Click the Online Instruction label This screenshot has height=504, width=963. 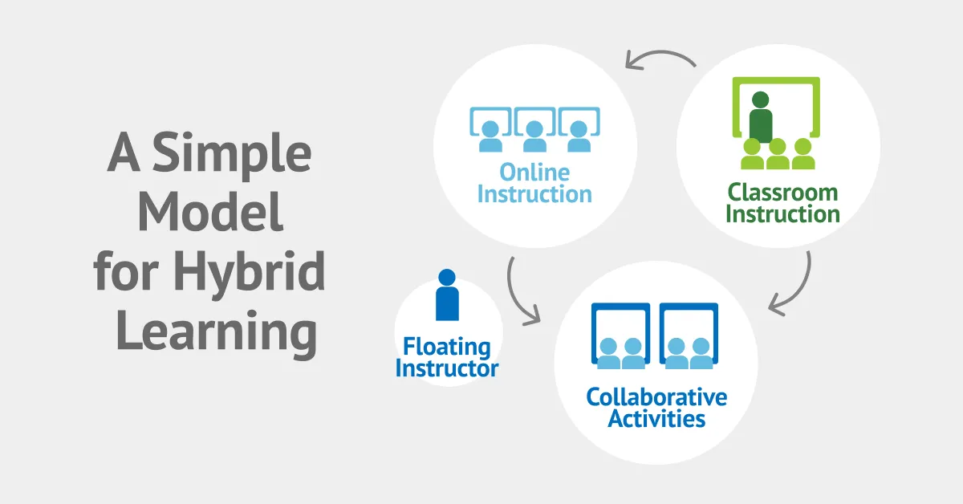534,183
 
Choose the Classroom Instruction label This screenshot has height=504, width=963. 782,203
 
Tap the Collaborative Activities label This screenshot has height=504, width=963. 656,408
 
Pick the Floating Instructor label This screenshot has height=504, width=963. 447,358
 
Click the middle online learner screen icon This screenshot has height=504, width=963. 534,128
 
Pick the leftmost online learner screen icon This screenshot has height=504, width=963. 490,128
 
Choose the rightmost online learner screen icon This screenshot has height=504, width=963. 579,128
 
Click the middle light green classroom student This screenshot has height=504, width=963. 777,154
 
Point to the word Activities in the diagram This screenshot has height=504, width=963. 656,418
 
